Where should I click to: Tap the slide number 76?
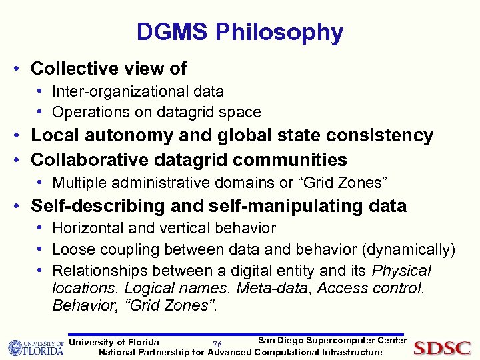pyautogui.click(x=217, y=344)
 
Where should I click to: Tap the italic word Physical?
pyautogui.click(x=401, y=271)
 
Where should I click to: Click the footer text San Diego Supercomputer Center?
pyautogui.click(x=331, y=341)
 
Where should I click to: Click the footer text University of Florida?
pyautogui.click(x=114, y=342)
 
